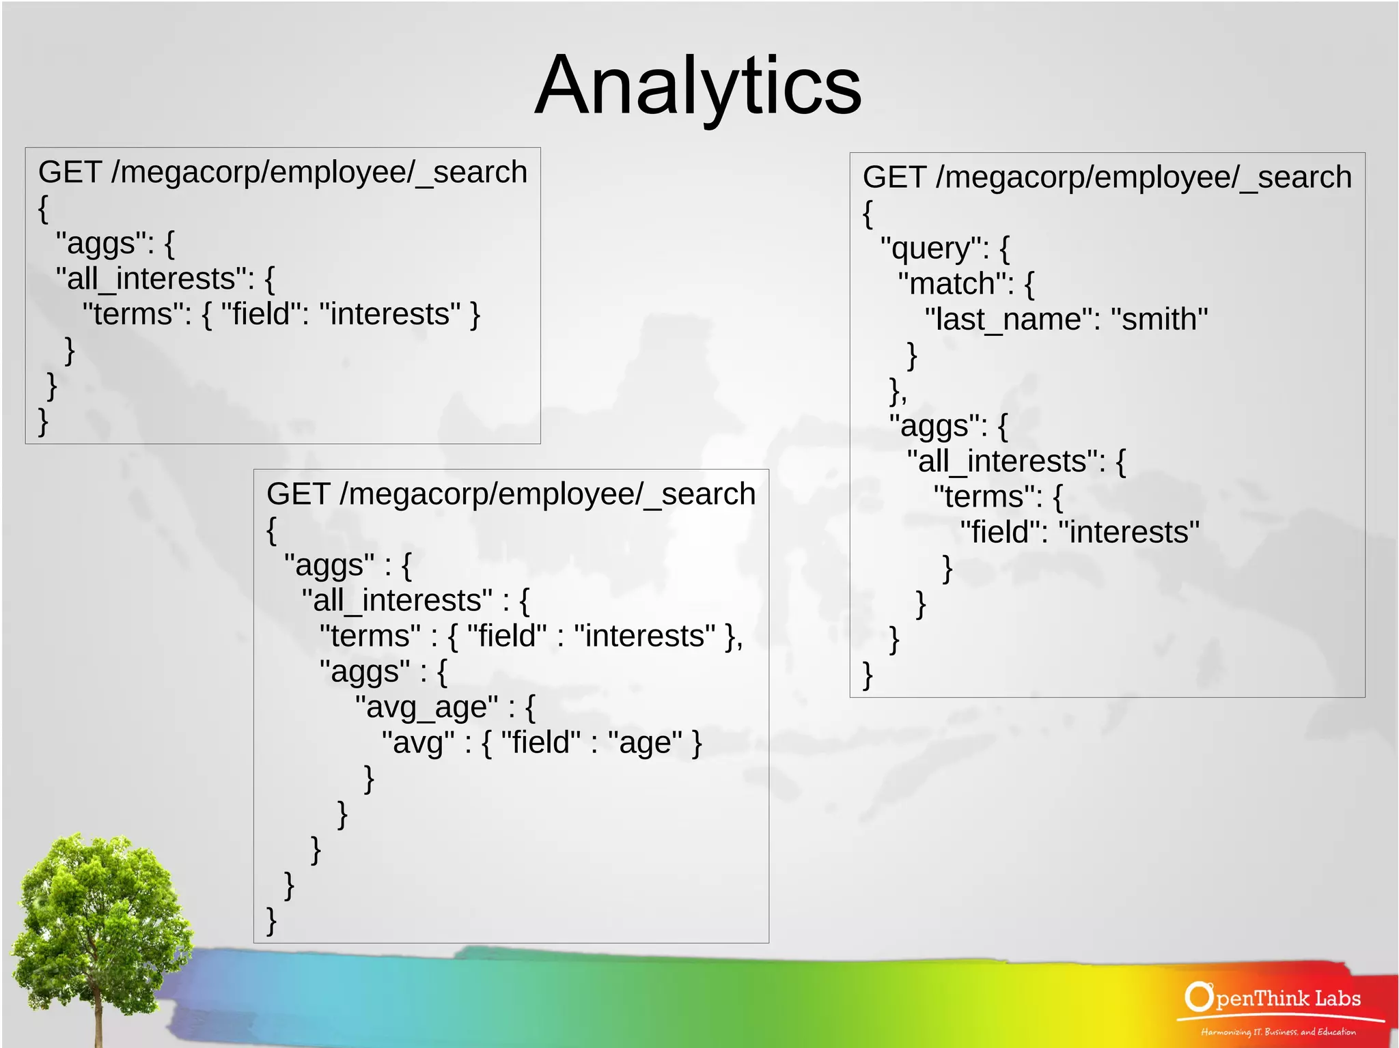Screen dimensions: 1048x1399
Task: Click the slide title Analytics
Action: pyautogui.click(x=698, y=85)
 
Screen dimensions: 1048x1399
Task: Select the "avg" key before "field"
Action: pyautogui.click(x=417, y=743)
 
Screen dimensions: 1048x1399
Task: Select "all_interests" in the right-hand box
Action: pyautogui.click(x=1006, y=462)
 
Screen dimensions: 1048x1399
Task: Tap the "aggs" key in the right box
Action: pyautogui.click(x=938, y=426)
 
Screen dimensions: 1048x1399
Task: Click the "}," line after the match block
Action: pyautogui.click(x=898, y=391)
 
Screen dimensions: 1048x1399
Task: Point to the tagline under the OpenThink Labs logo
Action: pyautogui.click(x=1278, y=1032)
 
